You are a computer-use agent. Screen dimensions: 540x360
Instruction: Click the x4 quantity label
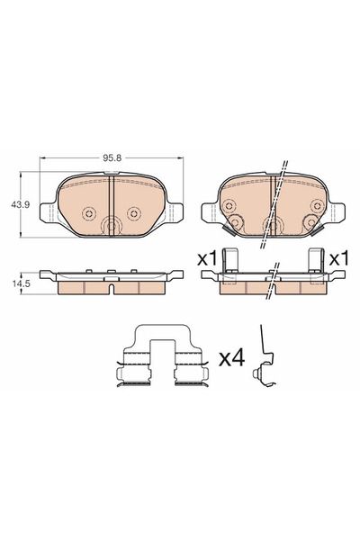coord(231,357)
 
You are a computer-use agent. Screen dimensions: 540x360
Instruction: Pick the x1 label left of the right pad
coord(208,258)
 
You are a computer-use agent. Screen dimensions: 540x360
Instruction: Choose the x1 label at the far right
coord(338,258)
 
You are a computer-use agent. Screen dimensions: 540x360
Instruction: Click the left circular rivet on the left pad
coord(88,213)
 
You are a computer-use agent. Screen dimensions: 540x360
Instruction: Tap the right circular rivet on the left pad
coord(134,213)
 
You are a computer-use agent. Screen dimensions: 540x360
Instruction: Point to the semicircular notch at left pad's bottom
coord(112,229)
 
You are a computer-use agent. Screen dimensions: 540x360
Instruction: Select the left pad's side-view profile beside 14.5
coord(108,281)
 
